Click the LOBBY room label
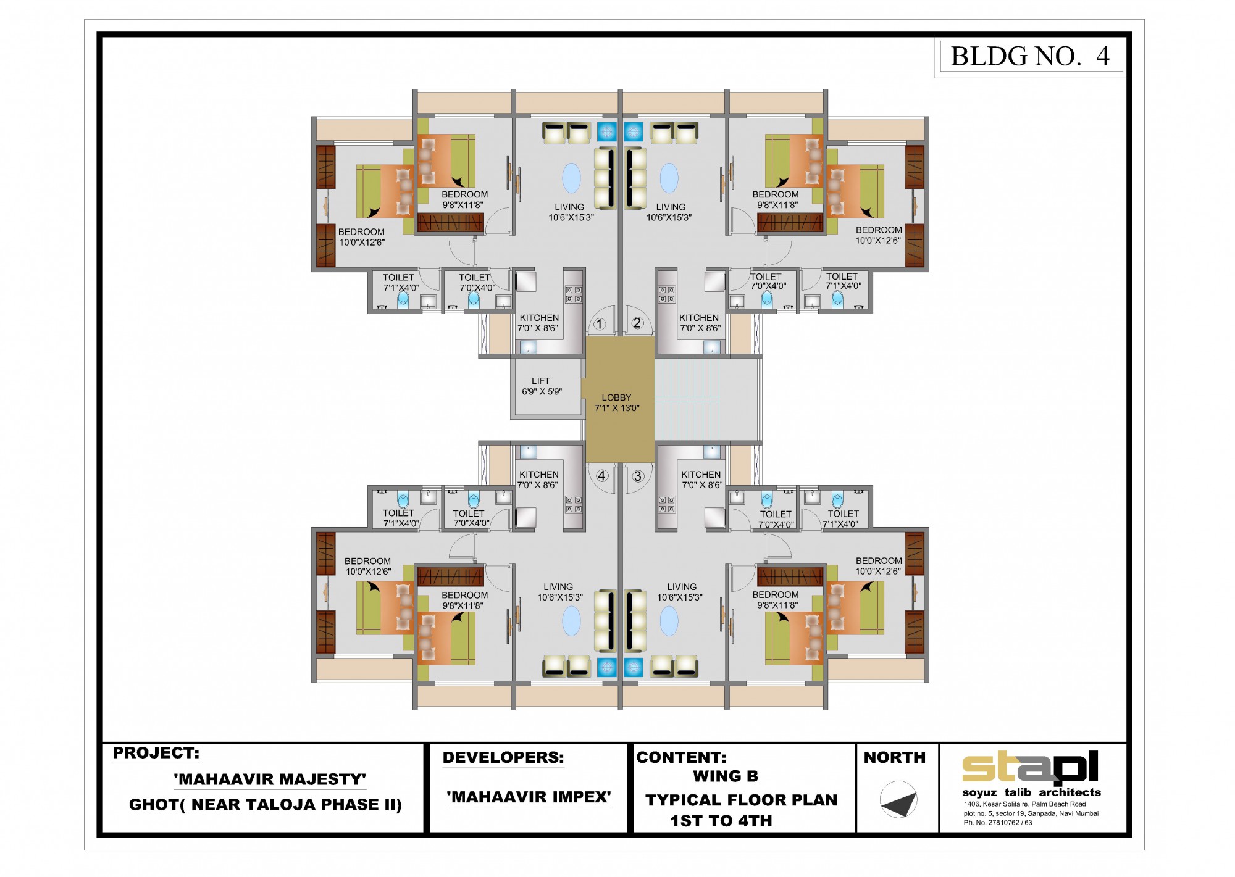616,397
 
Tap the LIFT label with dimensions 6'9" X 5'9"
542,386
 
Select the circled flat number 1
599,324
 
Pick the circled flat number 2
637,323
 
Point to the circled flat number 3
638,476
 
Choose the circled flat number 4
601,476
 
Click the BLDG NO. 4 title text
1030,56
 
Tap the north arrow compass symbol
898,800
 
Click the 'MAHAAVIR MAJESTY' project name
270,779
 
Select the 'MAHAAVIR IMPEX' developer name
529,797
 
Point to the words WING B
726,776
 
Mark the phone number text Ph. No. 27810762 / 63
998,823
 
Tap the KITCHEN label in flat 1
539,318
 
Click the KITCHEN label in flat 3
701,475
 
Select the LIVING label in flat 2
671,207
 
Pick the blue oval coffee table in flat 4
572,621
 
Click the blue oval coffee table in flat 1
572,178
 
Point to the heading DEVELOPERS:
503,758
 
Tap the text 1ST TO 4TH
721,821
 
